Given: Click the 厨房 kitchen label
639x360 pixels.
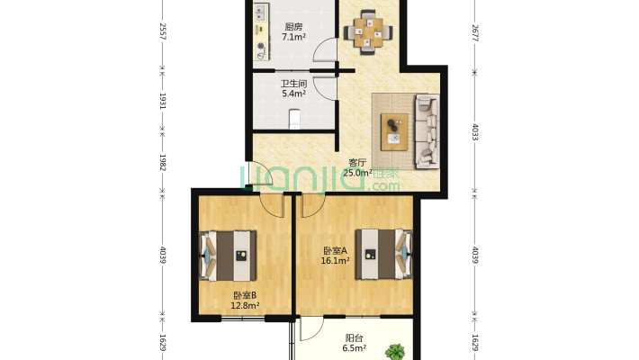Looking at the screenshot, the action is pyautogui.click(x=293, y=27).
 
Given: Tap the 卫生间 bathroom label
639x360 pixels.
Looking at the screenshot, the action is pyautogui.click(x=293, y=84).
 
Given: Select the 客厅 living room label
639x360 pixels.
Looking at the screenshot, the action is pyautogui.click(x=357, y=163).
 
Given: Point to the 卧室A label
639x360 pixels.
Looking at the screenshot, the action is pyautogui.click(x=335, y=251).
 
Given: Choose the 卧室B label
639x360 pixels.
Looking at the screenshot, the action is pyautogui.click(x=245, y=295).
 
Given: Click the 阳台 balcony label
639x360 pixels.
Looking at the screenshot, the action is pyautogui.click(x=354, y=338).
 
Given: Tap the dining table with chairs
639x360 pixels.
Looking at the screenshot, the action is pyautogui.click(x=368, y=31).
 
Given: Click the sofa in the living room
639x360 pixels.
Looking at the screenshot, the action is pyautogui.click(x=427, y=131).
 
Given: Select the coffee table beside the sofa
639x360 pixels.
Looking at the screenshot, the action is pyautogui.click(x=394, y=132).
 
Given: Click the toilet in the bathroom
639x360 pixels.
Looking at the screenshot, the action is pyautogui.click(x=294, y=119).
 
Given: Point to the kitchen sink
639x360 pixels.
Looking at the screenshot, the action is pyautogui.click(x=260, y=13).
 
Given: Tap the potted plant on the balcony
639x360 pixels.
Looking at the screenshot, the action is pyautogui.click(x=395, y=352).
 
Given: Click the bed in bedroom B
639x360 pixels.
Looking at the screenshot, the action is pyautogui.click(x=228, y=256).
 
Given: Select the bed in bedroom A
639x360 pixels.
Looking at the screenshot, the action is pyautogui.click(x=384, y=254).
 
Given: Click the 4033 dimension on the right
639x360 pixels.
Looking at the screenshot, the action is pyautogui.click(x=475, y=132).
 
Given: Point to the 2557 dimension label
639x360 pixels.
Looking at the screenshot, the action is pyautogui.click(x=163, y=31).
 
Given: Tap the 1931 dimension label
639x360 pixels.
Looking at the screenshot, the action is pyautogui.click(x=163, y=101).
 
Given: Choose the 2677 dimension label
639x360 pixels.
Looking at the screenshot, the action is pyautogui.click(x=475, y=33).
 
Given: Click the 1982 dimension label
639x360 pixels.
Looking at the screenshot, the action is pyautogui.click(x=163, y=162).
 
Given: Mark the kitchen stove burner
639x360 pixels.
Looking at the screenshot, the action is pyautogui.click(x=261, y=46).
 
